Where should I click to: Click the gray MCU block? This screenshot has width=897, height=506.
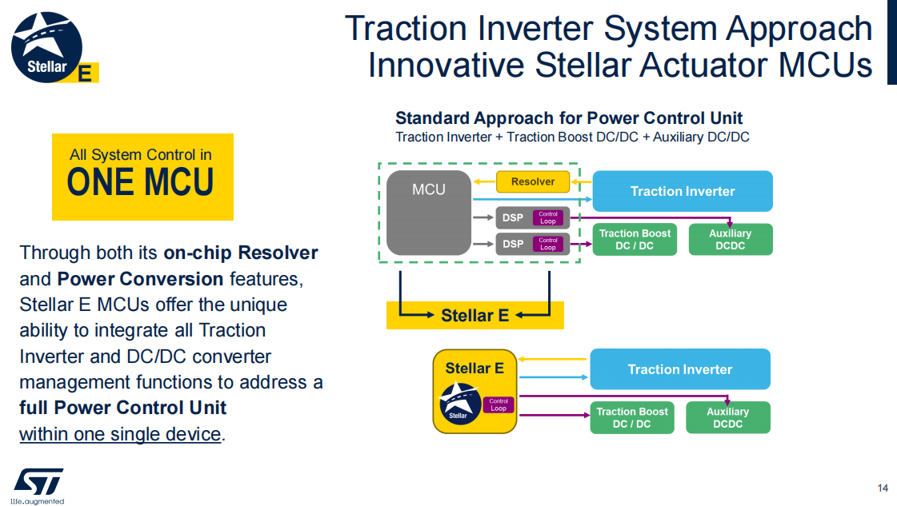428,213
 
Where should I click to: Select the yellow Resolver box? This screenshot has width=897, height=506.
533,181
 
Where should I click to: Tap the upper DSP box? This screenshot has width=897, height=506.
533,218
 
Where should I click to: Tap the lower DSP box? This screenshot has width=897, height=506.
533,244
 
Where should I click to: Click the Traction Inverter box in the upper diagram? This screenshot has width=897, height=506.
683,191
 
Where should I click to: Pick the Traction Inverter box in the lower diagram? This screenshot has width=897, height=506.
680,369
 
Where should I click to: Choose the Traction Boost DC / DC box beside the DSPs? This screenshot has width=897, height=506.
635,240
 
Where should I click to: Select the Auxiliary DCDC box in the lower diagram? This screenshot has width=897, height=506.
727,418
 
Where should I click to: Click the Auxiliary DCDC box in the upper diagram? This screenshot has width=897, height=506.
731,240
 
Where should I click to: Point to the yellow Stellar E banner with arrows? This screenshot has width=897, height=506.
475,315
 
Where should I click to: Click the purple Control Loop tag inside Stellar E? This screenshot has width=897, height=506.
499,404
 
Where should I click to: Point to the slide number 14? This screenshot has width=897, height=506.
882,488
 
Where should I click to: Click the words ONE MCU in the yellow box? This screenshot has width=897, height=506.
140,182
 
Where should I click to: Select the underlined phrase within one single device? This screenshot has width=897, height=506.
120,434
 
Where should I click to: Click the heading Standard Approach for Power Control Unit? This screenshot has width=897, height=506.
569,118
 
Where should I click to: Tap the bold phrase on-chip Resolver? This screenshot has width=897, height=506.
241,253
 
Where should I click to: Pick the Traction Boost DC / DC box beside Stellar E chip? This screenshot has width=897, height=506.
632,418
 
